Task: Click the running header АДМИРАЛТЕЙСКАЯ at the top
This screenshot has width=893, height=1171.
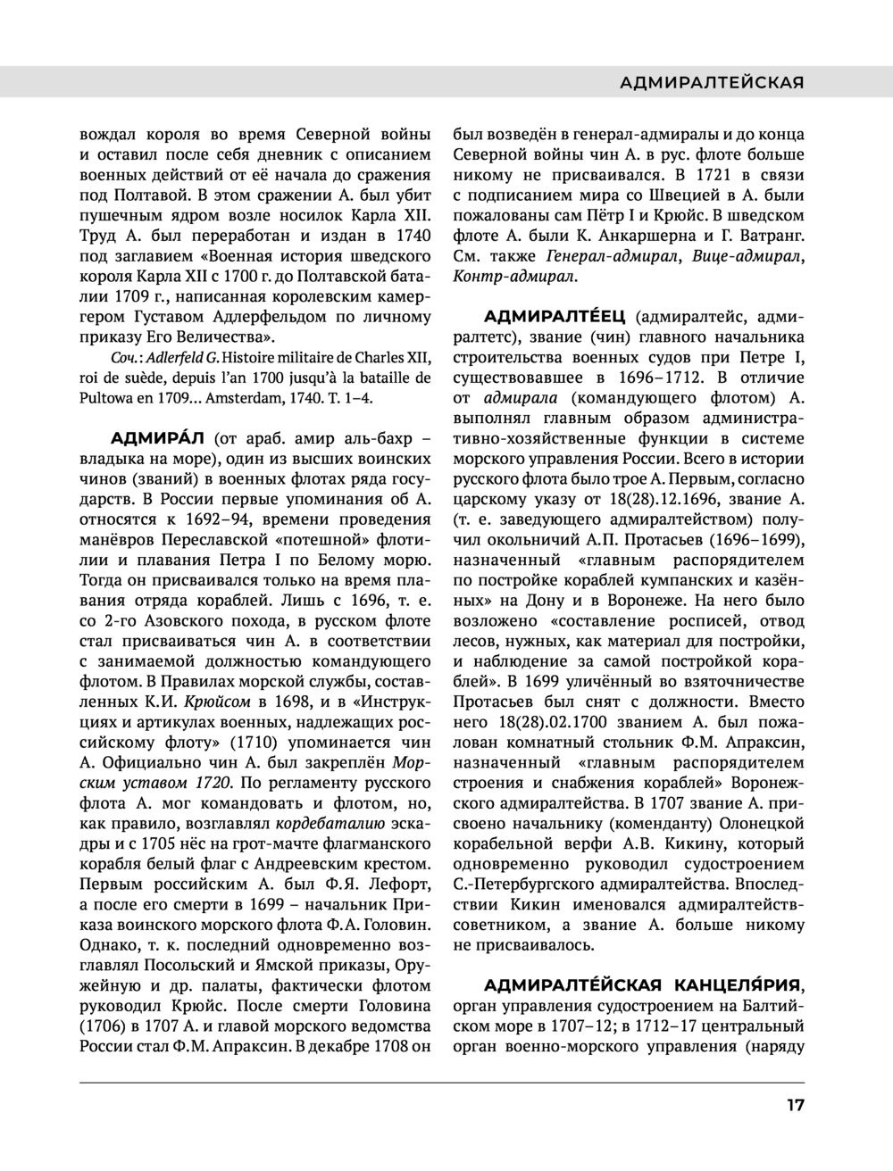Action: point(712,82)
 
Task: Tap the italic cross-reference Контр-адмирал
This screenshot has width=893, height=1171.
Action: point(514,277)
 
